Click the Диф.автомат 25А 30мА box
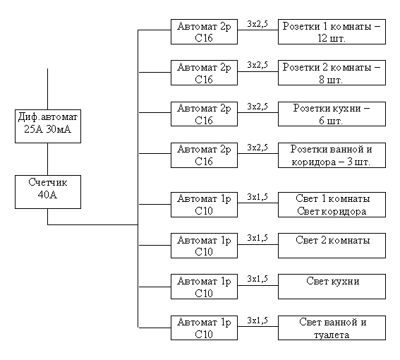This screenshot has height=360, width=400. click(x=48, y=126)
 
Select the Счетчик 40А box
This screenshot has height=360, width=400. click(x=48, y=192)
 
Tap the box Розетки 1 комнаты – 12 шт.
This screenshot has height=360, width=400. click(x=332, y=32)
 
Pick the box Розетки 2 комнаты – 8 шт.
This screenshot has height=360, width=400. click(x=332, y=73)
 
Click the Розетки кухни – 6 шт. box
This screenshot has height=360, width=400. click(x=332, y=114)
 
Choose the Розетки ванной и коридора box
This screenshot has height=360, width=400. click(x=332, y=155)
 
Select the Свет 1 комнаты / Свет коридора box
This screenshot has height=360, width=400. click(x=332, y=205)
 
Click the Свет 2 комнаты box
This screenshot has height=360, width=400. click(x=332, y=246)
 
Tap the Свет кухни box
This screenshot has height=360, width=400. click(x=332, y=287)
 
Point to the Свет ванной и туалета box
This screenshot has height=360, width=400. click(x=332, y=328)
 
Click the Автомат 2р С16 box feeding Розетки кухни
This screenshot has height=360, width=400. click(x=204, y=114)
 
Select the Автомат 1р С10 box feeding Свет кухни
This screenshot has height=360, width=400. click(x=204, y=287)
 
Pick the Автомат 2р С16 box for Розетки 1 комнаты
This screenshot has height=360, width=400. click(x=204, y=32)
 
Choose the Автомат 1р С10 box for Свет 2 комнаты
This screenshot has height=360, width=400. click(x=204, y=246)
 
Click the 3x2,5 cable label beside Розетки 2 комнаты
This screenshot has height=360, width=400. click(x=257, y=65)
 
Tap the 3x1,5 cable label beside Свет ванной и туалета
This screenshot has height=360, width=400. click(x=257, y=320)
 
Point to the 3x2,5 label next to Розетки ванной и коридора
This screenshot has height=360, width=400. click(x=257, y=148)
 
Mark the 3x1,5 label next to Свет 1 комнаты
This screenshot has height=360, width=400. click(x=257, y=197)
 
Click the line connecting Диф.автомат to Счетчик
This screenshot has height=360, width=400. click(x=48, y=159)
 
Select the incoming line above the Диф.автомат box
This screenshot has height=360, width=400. click(x=48, y=89)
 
